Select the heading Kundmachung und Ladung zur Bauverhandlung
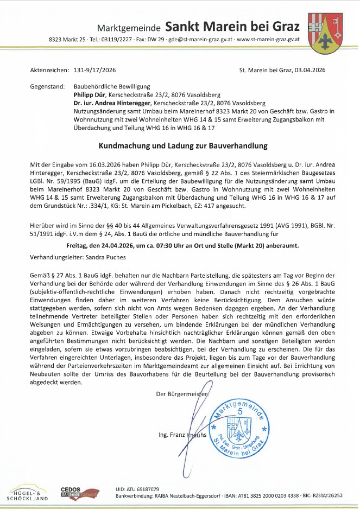pyautogui.click(x=179, y=146)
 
